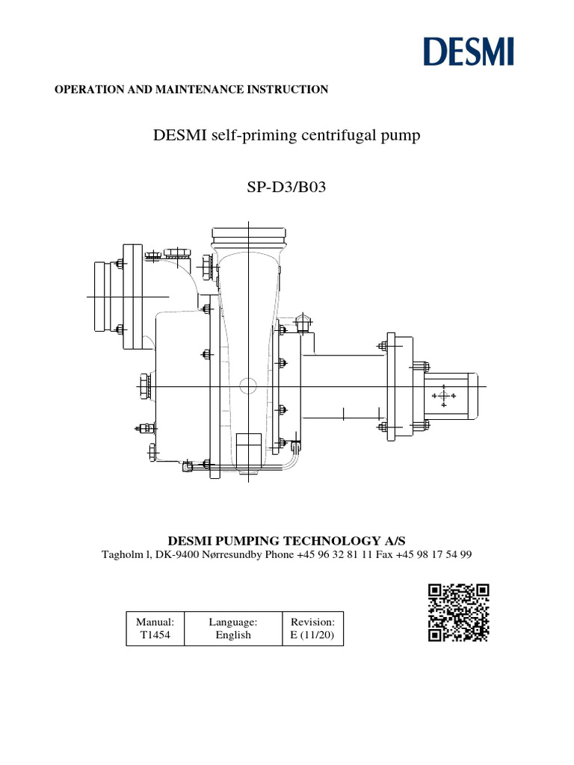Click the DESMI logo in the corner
point(468,52)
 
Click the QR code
point(459,613)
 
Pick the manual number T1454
point(155,635)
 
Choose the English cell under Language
point(233,635)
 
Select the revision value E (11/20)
point(312,635)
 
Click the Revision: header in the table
point(312,621)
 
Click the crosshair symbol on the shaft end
point(444,395)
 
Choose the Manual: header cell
point(155,621)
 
